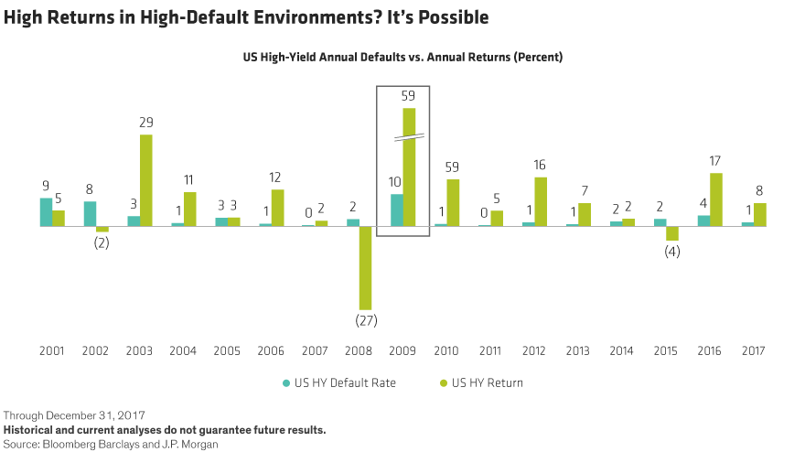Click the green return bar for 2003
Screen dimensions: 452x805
point(146,179)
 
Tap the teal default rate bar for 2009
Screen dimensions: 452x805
point(397,210)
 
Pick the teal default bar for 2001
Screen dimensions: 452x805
point(46,211)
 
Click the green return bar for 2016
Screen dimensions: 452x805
point(716,199)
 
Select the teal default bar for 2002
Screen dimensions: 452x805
point(90,213)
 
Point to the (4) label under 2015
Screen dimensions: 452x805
point(672,252)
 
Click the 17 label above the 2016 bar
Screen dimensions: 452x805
point(716,162)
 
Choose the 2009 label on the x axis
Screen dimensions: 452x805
point(403,350)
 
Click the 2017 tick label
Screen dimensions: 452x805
point(754,350)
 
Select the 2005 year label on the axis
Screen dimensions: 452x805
point(228,350)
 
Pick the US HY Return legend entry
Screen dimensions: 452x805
point(487,382)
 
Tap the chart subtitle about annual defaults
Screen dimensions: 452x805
point(402,57)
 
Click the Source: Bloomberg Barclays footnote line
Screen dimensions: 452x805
point(111,443)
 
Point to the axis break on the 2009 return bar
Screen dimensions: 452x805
point(410,137)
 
